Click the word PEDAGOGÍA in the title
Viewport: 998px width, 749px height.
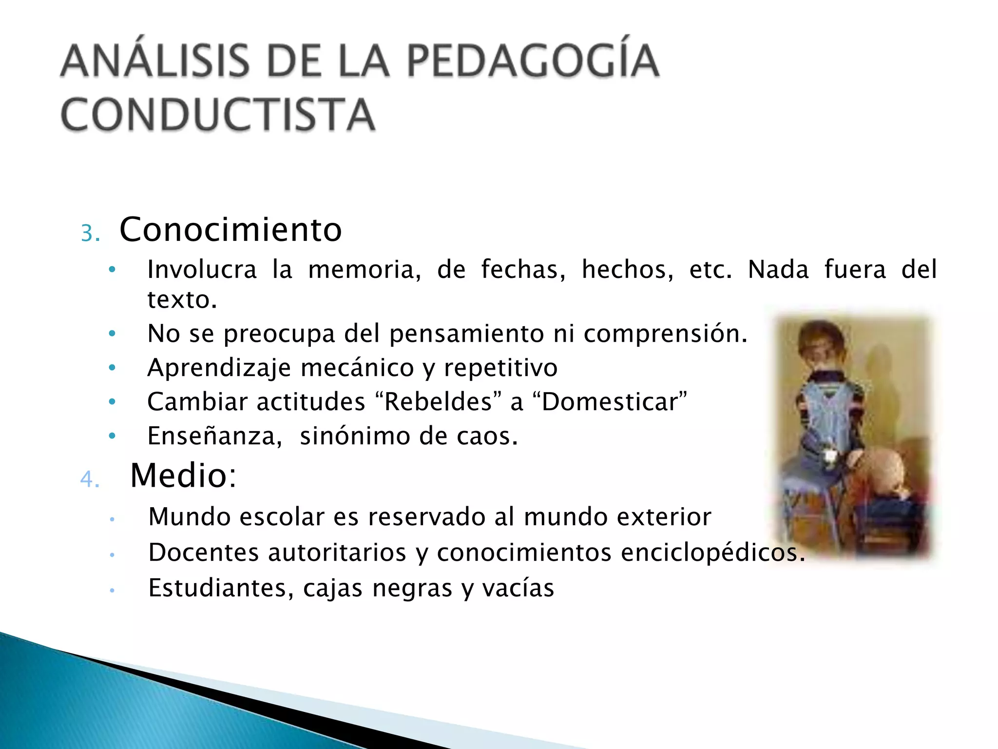point(533,61)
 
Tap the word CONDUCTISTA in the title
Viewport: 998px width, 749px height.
point(218,115)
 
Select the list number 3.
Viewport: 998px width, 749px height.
point(90,234)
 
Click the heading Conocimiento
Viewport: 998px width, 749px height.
point(230,230)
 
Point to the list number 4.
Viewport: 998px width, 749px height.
point(90,479)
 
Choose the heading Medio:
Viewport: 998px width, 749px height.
point(183,475)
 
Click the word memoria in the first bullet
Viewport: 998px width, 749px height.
point(365,270)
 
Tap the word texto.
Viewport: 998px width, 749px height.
point(182,300)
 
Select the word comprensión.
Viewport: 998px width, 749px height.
point(665,334)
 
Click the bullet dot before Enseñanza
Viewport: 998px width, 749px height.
point(112,435)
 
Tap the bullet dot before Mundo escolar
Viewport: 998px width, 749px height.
point(112,519)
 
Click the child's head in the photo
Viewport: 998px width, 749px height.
point(821,339)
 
